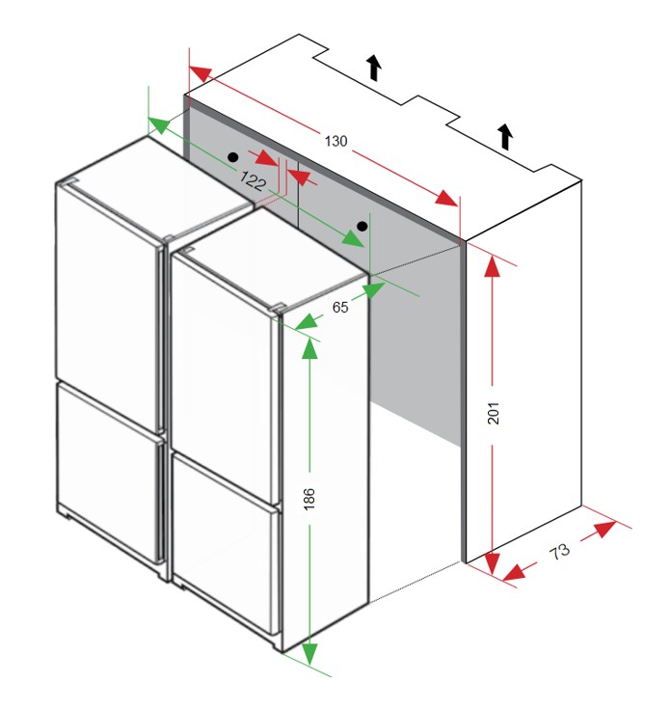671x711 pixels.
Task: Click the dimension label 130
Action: [335, 141]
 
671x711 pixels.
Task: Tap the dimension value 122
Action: [253, 180]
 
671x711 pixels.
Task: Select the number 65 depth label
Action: [340, 307]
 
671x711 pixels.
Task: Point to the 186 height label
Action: [309, 499]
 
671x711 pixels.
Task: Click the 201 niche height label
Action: [493, 413]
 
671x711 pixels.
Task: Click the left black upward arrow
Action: [374, 68]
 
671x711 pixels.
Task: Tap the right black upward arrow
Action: [505, 136]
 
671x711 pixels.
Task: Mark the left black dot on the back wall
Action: [233, 157]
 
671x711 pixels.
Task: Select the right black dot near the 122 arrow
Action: [362, 227]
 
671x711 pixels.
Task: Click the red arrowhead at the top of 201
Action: [492, 266]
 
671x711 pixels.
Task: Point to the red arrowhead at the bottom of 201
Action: [492, 563]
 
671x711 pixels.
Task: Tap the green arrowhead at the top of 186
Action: [309, 348]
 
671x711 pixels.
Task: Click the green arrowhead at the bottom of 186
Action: [309, 654]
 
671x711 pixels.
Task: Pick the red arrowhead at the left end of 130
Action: [201, 73]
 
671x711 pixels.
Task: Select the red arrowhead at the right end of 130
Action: [446, 199]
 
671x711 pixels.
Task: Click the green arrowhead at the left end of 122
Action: [159, 124]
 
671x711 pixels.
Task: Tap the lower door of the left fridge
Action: [110, 472]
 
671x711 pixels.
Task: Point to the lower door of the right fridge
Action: [226, 543]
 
